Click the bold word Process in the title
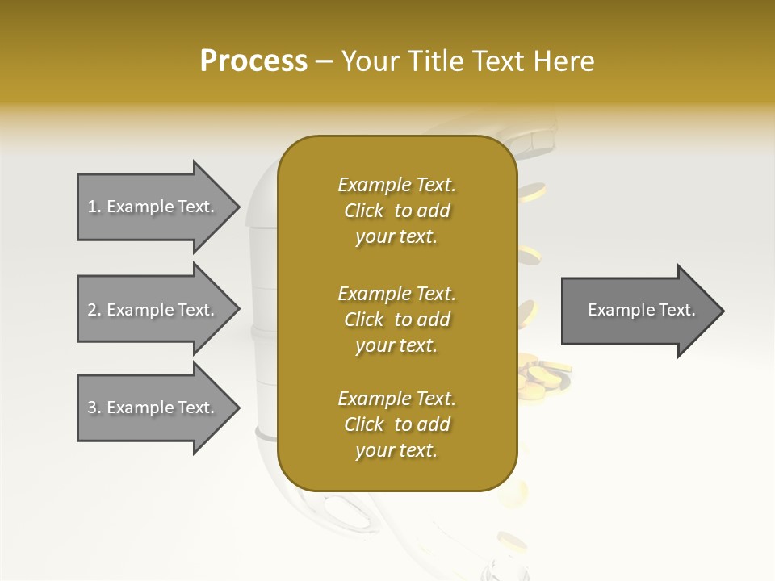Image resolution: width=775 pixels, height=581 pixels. [x=253, y=61]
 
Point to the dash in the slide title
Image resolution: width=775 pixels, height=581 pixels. [x=325, y=62]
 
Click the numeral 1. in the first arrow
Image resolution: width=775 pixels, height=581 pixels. [x=94, y=207]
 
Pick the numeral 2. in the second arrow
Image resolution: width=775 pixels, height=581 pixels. [x=94, y=310]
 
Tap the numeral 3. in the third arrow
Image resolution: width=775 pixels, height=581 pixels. [x=94, y=408]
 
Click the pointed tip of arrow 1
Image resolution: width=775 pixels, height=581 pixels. [x=238, y=207]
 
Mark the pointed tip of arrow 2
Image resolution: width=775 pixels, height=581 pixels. [x=238, y=310]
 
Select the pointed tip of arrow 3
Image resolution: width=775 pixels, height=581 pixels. [x=238, y=408]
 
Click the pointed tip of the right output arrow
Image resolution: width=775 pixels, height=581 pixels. [x=723, y=311]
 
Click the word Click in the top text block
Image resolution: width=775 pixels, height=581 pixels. [x=364, y=211]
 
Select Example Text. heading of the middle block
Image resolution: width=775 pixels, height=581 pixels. [x=396, y=293]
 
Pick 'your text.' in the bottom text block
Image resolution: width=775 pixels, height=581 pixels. [x=396, y=451]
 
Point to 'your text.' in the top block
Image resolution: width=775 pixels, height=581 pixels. [x=396, y=237]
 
